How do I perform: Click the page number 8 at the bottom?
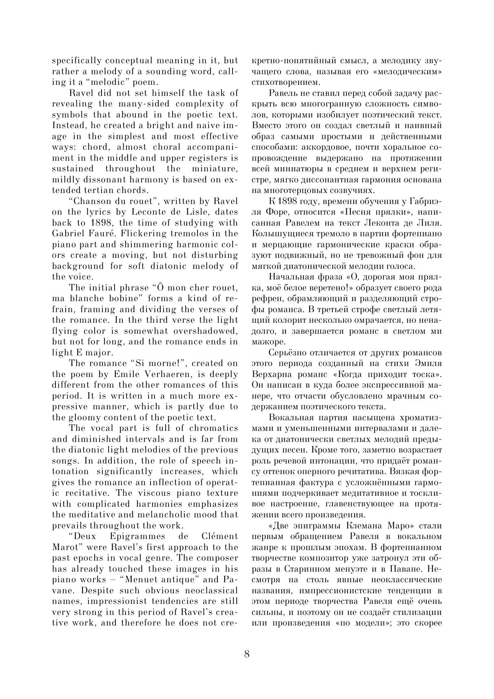point(247,654)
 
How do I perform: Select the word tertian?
point(102,190)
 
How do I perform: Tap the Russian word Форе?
point(274,212)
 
